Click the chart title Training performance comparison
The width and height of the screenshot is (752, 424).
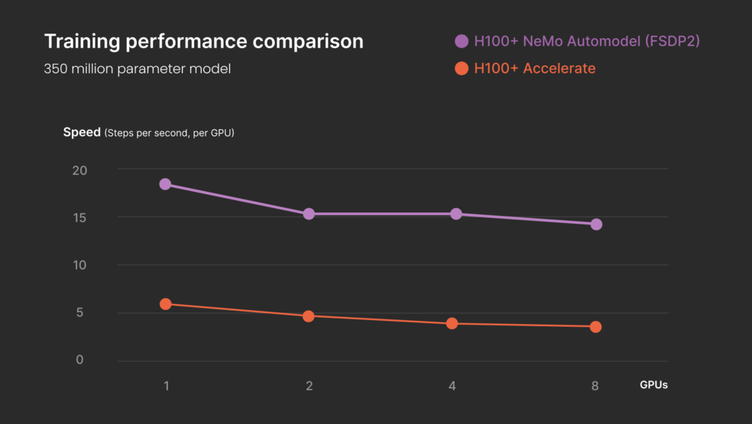click(x=203, y=41)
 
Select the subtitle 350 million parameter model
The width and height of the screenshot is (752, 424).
click(x=137, y=69)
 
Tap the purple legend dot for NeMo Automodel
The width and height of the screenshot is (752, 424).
click(x=462, y=41)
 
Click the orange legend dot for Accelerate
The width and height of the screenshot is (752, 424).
click(x=462, y=69)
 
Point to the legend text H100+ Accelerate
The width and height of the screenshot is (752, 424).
click(x=534, y=69)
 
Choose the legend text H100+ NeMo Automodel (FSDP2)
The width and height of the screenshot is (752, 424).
click(x=586, y=41)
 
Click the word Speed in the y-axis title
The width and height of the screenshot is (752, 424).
click(x=82, y=132)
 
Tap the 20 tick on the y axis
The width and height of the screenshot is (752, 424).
click(x=79, y=170)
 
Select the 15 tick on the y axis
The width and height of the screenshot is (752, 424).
click(x=79, y=218)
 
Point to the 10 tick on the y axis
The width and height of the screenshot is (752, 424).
click(x=79, y=265)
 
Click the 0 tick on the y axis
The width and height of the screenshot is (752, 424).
click(x=79, y=360)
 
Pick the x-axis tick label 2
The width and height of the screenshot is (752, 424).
click(x=309, y=386)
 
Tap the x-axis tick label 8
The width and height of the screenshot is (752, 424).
click(x=595, y=386)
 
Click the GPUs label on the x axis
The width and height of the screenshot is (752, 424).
click(x=653, y=385)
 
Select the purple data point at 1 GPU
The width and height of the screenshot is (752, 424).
click(x=165, y=184)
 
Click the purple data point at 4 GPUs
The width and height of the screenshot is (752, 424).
click(x=455, y=214)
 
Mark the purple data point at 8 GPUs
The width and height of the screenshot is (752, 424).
click(x=596, y=224)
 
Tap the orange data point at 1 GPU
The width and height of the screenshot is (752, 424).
click(x=165, y=304)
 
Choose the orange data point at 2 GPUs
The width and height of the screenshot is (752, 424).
click(x=309, y=316)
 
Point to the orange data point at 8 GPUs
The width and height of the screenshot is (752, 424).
click(x=595, y=327)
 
